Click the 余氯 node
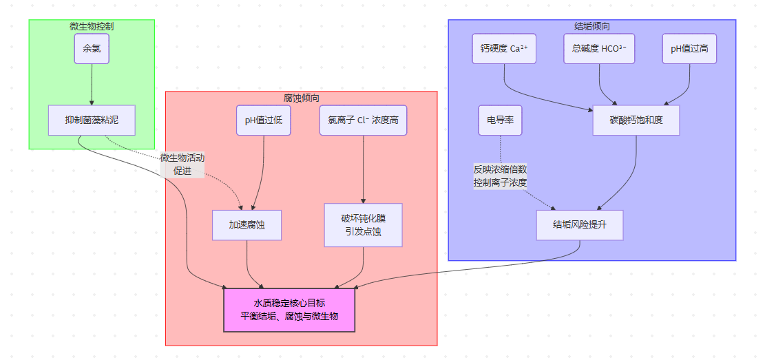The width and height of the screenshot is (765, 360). [x=92, y=49]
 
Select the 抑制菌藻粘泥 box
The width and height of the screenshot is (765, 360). [x=92, y=120]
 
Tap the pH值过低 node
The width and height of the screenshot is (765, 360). [x=264, y=120]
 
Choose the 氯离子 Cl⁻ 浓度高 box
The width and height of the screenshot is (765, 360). [x=363, y=120]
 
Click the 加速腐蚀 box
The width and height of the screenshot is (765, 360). [x=247, y=225]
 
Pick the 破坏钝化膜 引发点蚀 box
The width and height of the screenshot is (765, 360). [x=363, y=225]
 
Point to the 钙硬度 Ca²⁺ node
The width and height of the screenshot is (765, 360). [x=504, y=49]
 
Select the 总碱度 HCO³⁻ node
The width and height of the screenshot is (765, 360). [x=599, y=49]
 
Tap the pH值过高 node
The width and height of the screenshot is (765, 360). [x=689, y=49]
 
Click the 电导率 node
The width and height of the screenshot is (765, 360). [x=500, y=120]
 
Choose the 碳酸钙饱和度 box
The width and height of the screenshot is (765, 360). [x=636, y=120]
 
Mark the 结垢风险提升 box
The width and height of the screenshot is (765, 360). [x=579, y=225]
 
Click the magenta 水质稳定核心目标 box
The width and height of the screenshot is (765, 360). [x=289, y=310]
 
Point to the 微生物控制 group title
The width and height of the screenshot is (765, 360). [x=92, y=26]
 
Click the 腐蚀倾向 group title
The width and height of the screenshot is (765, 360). [x=301, y=98]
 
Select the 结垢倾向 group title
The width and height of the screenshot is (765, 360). [x=591, y=26]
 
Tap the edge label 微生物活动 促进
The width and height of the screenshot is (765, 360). [x=182, y=164]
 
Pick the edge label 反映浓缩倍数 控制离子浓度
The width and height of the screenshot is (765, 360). [x=500, y=176]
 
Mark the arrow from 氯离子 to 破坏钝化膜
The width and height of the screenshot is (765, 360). [x=363, y=169]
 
